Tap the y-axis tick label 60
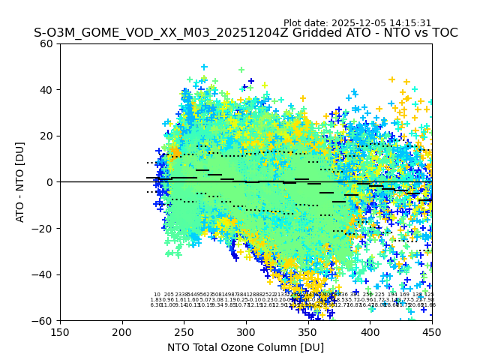tap(47, 43)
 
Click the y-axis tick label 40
tap(47, 90)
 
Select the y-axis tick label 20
tap(47, 136)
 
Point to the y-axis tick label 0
tap(50, 182)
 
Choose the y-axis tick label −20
tap(44, 228)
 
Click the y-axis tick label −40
tap(44, 274)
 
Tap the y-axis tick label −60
tap(44, 320)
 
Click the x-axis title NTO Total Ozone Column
tap(245, 347)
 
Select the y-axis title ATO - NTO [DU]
tap(20, 182)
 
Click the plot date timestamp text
tap(357, 23)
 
